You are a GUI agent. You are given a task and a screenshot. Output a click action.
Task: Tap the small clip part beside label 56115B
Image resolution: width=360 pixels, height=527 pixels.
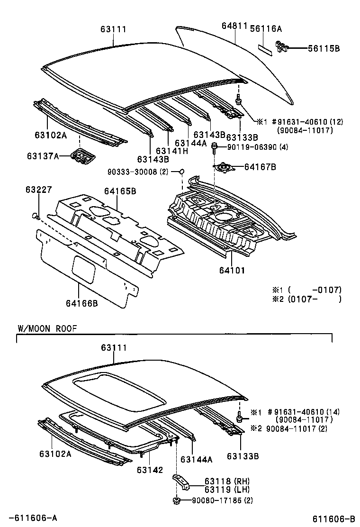[x=282, y=46]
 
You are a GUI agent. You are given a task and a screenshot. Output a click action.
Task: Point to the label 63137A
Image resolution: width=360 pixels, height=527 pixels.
[x=42, y=155]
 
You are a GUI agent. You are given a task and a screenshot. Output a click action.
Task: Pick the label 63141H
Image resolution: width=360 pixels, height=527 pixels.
[x=171, y=151]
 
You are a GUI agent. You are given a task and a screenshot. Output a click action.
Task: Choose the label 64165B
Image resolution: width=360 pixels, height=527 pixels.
[x=120, y=191]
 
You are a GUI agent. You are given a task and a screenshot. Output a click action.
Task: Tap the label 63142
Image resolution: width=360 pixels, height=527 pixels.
[x=150, y=470]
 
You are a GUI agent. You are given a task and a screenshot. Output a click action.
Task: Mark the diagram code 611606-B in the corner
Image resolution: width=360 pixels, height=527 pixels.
[x=333, y=518]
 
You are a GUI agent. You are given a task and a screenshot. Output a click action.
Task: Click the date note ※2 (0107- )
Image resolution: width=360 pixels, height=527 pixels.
[x=306, y=299]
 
